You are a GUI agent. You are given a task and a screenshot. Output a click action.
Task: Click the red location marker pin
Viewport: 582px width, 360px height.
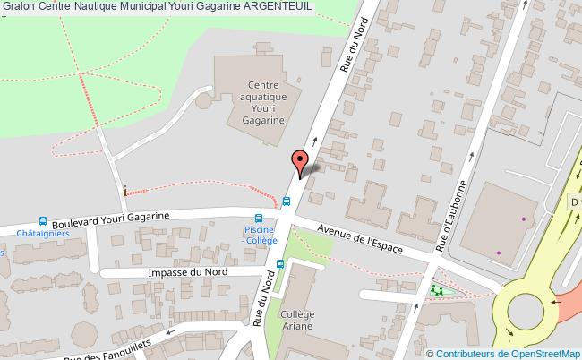pos(299,162)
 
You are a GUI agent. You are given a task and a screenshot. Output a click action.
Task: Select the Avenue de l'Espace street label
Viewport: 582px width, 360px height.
pos(360,239)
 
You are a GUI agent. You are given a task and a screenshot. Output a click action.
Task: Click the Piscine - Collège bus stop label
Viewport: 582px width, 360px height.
pos(259,236)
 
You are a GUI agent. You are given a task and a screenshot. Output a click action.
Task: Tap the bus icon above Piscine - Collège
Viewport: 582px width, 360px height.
pos(259,218)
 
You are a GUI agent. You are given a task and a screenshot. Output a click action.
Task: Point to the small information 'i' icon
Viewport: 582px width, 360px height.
pos(124,190)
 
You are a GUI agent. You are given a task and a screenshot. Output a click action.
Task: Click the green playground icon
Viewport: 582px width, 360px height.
pos(437,290)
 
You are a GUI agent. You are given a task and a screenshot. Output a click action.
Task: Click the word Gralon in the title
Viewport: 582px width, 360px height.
pos(18,6)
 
